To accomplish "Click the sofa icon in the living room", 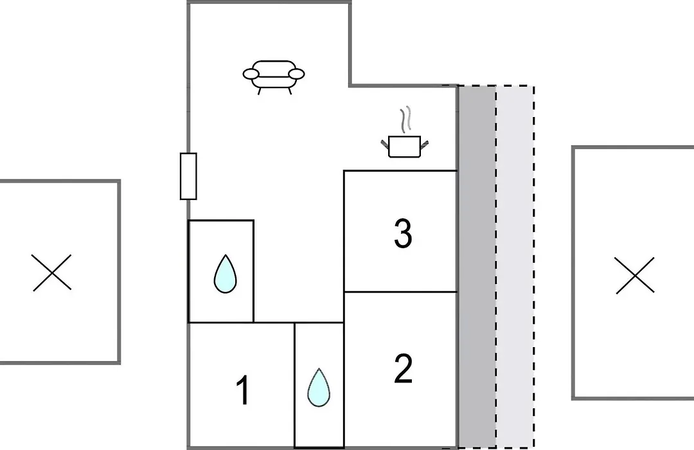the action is pyautogui.click(x=274, y=77).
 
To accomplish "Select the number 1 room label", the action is pyautogui.click(x=243, y=390).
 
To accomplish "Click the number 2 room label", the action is pyautogui.click(x=403, y=368).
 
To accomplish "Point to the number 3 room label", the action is pyautogui.click(x=403, y=233).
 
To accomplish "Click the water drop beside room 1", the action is pyautogui.click(x=319, y=388).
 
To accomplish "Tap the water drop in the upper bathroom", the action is pyautogui.click(x=226, y=274).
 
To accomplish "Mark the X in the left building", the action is pyautogui.click(x=52, y=273).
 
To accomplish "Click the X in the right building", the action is pyautogui.click(x=635, y=276).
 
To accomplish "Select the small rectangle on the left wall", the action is pyautogui.click(x=188, y=176).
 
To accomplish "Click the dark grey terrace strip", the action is pyautogui.click(x=477, y=267).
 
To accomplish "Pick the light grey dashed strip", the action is pyautogui.click(x=515, y=267).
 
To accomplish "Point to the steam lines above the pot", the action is pyautogui.click(x=405, y=120).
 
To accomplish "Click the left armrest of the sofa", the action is pyautogui.click(x=251, y=74).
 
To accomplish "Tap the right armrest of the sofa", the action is pyautogui.click(x=296, y=74).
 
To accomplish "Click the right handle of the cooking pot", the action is pyautogui.click(x=425, y=143).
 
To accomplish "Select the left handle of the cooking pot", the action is pyautogui.click(x=385, y=143).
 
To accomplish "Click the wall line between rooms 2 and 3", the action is pyautogui.click(x=400, y=292).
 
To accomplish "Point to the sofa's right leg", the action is pyautogui.click(x=289, y=91).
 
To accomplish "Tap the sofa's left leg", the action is pyautogui.click(x=260, y=91).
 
